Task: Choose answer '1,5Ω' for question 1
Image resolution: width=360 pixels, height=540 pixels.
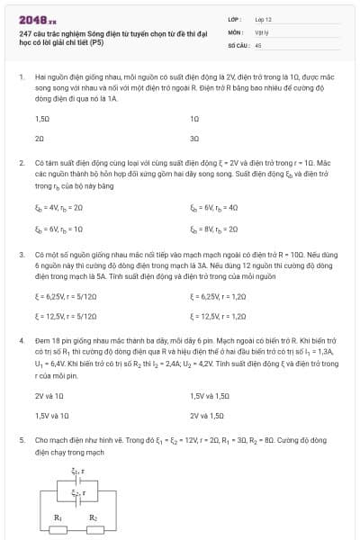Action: (x=42, y=119)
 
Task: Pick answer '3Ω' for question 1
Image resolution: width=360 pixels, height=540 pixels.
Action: (x=194, y=139)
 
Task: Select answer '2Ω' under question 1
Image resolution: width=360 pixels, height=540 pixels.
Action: (x=40, y=139)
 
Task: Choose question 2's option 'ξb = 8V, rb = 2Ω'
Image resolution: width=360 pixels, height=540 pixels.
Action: (x=214, y=229)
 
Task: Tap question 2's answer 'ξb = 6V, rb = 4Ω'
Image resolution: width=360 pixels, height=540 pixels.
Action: (x=214, y=208)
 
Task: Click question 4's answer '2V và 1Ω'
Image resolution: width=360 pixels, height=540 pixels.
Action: (x=49, y=395)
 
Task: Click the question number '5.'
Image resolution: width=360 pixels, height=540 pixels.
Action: (x=22, y=441)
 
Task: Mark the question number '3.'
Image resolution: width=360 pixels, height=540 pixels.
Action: (x=22, y=255)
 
